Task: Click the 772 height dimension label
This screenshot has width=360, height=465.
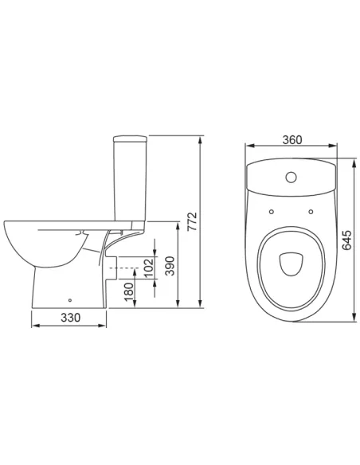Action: pyautogui.click(x=193, y=221)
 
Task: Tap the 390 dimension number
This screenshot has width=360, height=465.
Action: pyautogui.click(x=170, y=266)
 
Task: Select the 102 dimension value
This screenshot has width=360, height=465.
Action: pyautogui.click(x=149, y=268)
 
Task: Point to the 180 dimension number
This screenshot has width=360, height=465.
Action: pyautogui.click(x=129, y=291)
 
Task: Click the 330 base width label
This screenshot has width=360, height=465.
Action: pyautogui.click(x=71, y=318)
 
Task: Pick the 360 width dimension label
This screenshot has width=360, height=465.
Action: pyautogui.click(x=292, y=139)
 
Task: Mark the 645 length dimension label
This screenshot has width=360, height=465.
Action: pyautogui.click(x=346, y=240)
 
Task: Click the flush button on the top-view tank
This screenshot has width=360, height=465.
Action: pyautogui.click(x=292, y=177)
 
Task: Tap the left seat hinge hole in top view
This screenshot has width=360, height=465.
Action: pyautogui.click(x=272, y=212)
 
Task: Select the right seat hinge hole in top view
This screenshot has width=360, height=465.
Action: pyautogui.click(x=311, y=212)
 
